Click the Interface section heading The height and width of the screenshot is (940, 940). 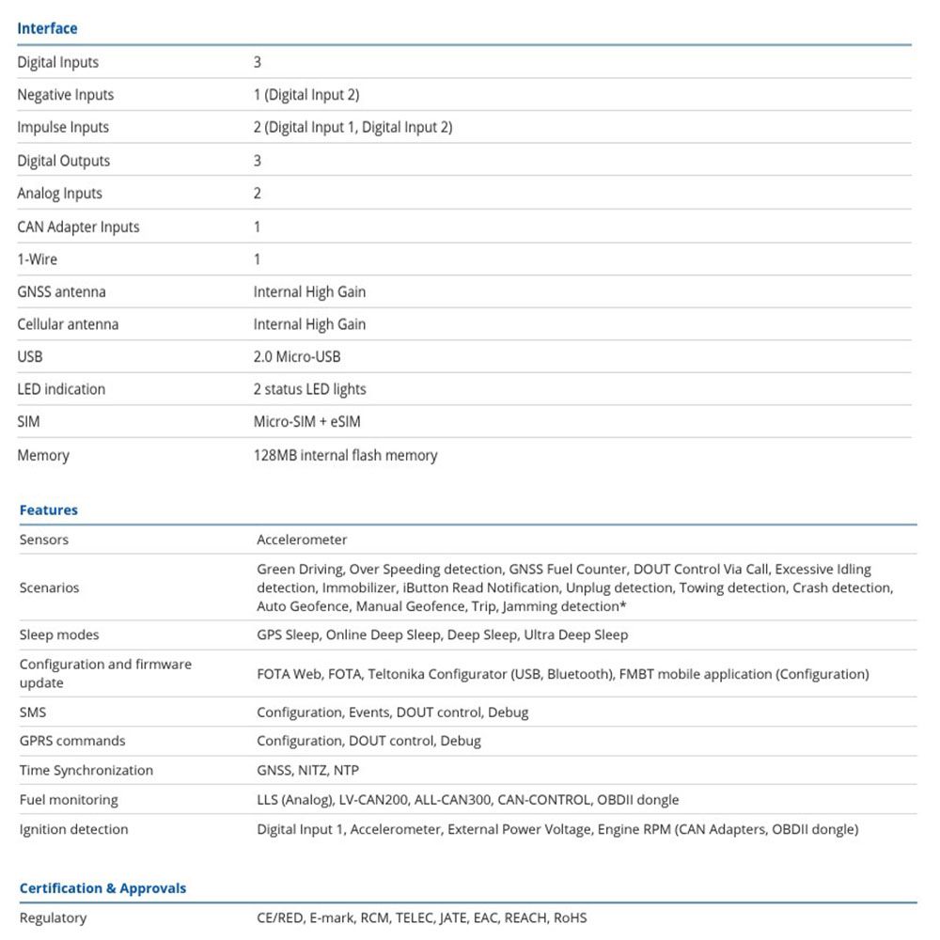(47, 28)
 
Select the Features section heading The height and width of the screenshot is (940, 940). (49, 510)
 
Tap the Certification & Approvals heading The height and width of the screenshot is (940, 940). (102, 888)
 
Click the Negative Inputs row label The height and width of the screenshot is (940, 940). (65, 95)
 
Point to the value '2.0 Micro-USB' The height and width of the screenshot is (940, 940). (297, 357)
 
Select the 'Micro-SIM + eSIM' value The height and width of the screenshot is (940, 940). (306, 422)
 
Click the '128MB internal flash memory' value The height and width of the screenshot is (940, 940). (345, 456)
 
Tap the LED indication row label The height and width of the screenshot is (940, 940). (61, 389)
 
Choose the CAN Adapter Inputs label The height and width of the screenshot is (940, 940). (78, 227)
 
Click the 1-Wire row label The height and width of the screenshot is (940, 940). (38, 259)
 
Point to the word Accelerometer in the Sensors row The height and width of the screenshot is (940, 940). (302, 540)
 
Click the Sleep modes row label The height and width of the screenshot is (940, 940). (59, 635)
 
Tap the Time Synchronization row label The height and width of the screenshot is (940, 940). (86, 771)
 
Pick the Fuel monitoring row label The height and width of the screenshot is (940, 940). (69, 800)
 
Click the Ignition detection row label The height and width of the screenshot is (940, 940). (73, 830)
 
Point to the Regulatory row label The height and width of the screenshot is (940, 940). (53, 918)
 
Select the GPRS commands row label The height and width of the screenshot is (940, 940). (72, 741)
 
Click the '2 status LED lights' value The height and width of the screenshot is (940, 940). (309, 389)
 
